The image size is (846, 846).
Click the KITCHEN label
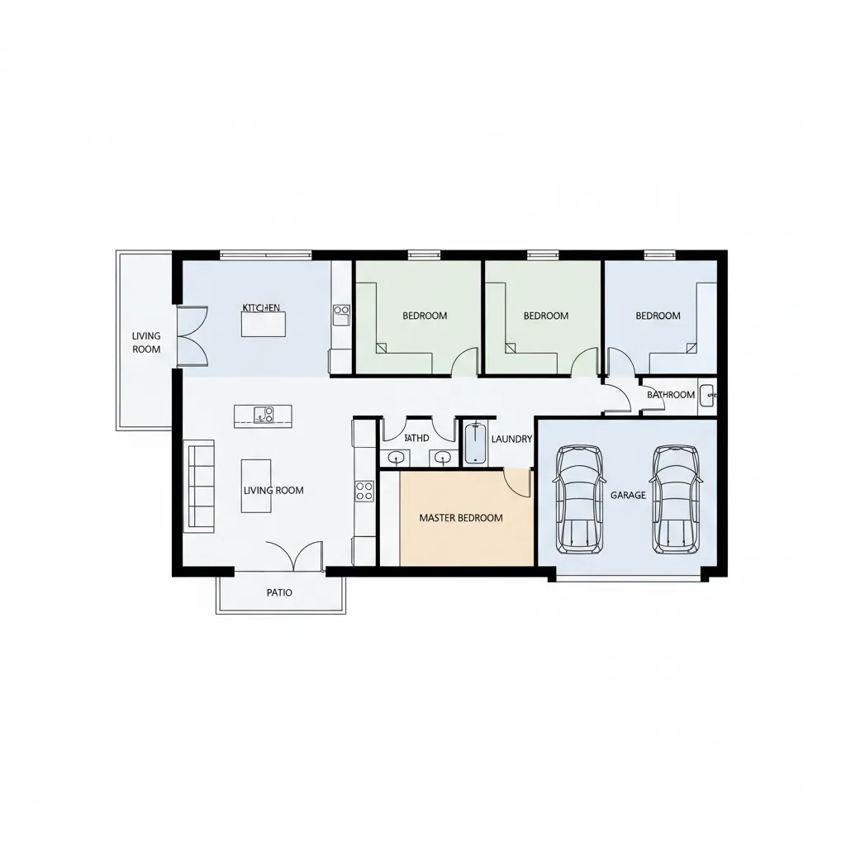click(261, 307)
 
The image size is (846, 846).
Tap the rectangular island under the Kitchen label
click(263, 324)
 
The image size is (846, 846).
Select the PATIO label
click(279, 592)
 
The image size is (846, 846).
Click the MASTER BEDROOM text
click(461, 518)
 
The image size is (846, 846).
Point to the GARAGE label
click(628, 495)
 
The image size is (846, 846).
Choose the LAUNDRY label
click(511, 439)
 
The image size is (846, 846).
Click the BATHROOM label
click(670, 394)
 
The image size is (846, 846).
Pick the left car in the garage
click(578, 499)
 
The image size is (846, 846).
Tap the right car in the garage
click(676, 499)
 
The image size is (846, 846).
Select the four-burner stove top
click(364, 491)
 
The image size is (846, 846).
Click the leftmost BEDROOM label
click(425, 316)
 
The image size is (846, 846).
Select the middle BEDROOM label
click(546, 316)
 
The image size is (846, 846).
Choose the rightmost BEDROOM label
click(658, 316)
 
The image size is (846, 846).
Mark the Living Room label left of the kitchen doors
click(146, 342)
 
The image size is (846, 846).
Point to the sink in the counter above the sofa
click(264, 415)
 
